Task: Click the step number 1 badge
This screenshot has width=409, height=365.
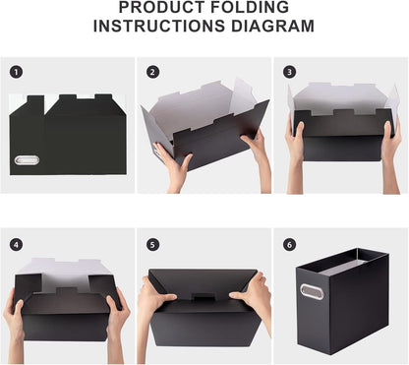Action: point(16,72)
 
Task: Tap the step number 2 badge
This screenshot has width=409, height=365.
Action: point(152,72)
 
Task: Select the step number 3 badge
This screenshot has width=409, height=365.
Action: point(289,72)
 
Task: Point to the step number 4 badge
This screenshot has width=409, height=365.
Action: point(16,244)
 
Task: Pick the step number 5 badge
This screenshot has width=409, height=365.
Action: point(152,244)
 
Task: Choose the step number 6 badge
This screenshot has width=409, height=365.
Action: point(289,244)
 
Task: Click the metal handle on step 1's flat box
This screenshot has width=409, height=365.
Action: point(26,159)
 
